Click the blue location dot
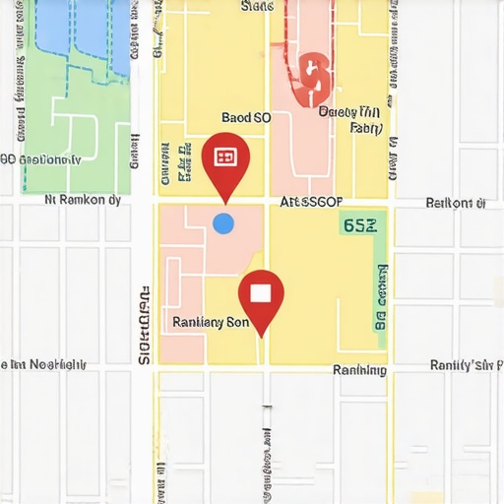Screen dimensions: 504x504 pyautogui.click(x=223, y=223)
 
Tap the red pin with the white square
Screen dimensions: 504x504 pyautogui.click(x=261, y=295)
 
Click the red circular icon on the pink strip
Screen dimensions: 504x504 pyautogui.click(x=314, y=77)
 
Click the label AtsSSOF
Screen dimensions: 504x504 pyautogui.click(x=311, y=202)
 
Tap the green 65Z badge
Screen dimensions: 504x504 pyautogui.click(x=358, y=225)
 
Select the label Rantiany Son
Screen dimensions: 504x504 pyautogui.click(x=211, y=322)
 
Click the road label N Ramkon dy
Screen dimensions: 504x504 pyautogui.click(x=84, y=200)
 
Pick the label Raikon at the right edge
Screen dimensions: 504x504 pyautogui.click(x=455, y=204)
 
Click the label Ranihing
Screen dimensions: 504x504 pyautogui.click(x=359, y=370)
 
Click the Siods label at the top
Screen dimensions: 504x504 pyautogui.click(x=257, y=6)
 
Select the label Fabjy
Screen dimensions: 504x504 pyautogui.click(x=365, y=128)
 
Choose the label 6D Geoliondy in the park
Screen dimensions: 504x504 pyautogui.click(x=40, y=159)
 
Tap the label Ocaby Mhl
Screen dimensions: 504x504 pyautogui.click(x=349, y=112)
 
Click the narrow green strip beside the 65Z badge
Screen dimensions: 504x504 pyautogui.click(x=380, y=285)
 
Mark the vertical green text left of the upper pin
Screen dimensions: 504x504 pyautogui.click(x=183, y=162)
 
